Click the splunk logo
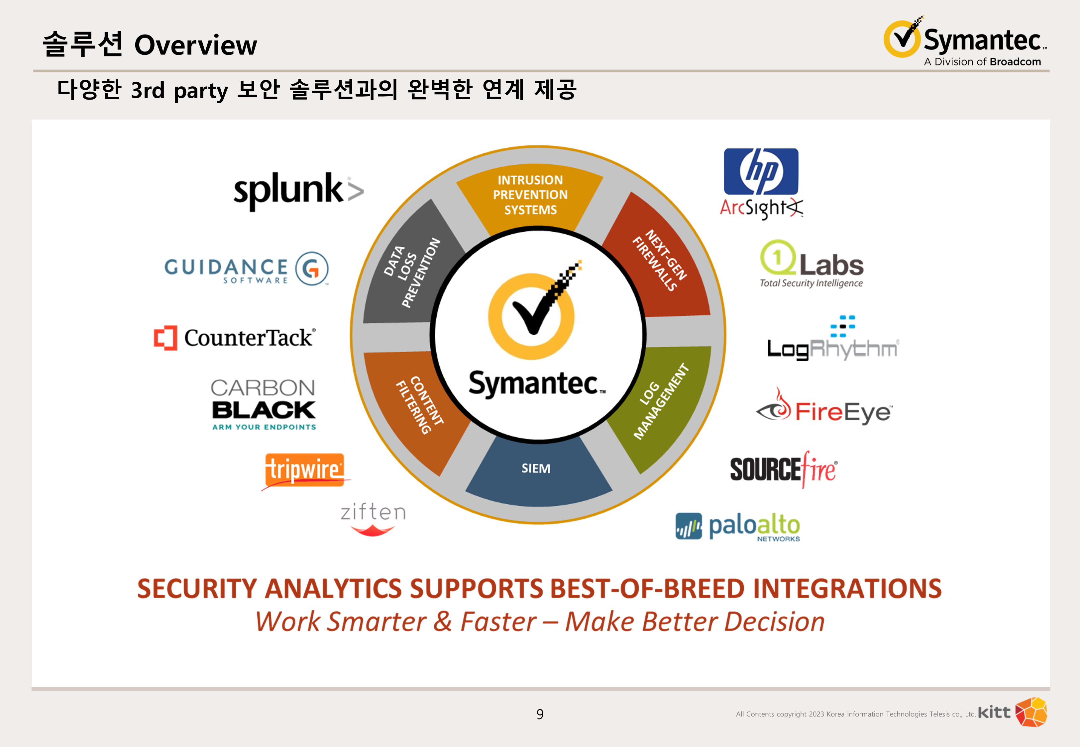[x=298, y=191]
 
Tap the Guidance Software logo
[x=246, y=269]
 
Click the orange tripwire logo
[x=304, y=470]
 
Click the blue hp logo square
[x=761, y=171]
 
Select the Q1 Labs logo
[x=811, y=264]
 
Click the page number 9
[x=540, y=714]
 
